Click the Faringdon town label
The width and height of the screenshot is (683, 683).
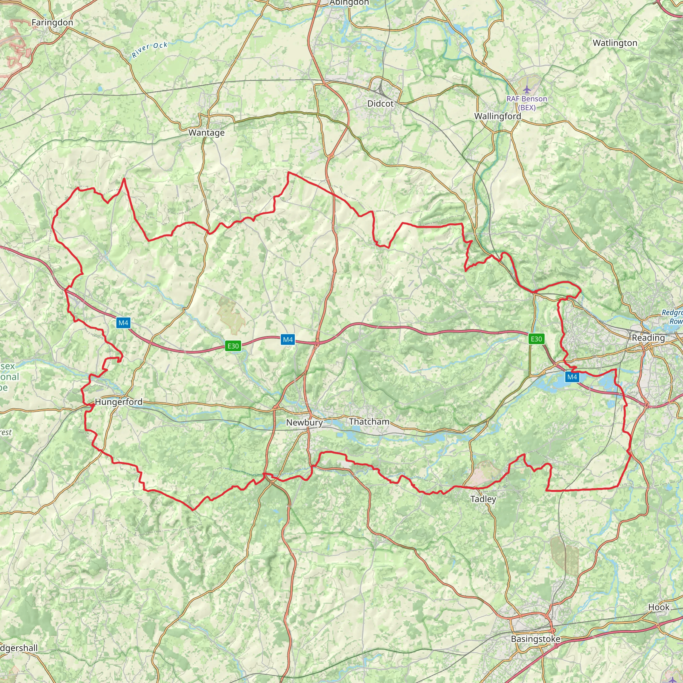[52, 23]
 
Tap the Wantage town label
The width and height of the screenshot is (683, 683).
[206, 133]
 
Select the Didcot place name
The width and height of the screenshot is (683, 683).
[381, 104]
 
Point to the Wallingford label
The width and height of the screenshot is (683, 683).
[497, 116]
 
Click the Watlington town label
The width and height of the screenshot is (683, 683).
[615, 43]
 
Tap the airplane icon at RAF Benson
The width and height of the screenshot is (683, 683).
[527, 88]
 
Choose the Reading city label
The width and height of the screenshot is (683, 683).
[648, 337]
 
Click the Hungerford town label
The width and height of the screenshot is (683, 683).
[119, 402]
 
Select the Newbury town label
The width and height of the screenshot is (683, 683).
[304, 423]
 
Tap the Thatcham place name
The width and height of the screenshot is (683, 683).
[369, 422]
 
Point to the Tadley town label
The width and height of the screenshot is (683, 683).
[483, 499]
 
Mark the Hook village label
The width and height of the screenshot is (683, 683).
[659, 607]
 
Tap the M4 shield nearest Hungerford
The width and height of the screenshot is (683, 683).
[123, 322]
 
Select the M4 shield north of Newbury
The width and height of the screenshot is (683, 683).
[288, 340]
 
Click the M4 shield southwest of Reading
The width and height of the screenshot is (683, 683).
[572, 377]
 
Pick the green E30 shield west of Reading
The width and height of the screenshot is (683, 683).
[536, 339]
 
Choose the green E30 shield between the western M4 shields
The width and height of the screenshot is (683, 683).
[233, 346]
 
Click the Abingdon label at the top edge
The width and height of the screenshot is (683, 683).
[349, 3]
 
